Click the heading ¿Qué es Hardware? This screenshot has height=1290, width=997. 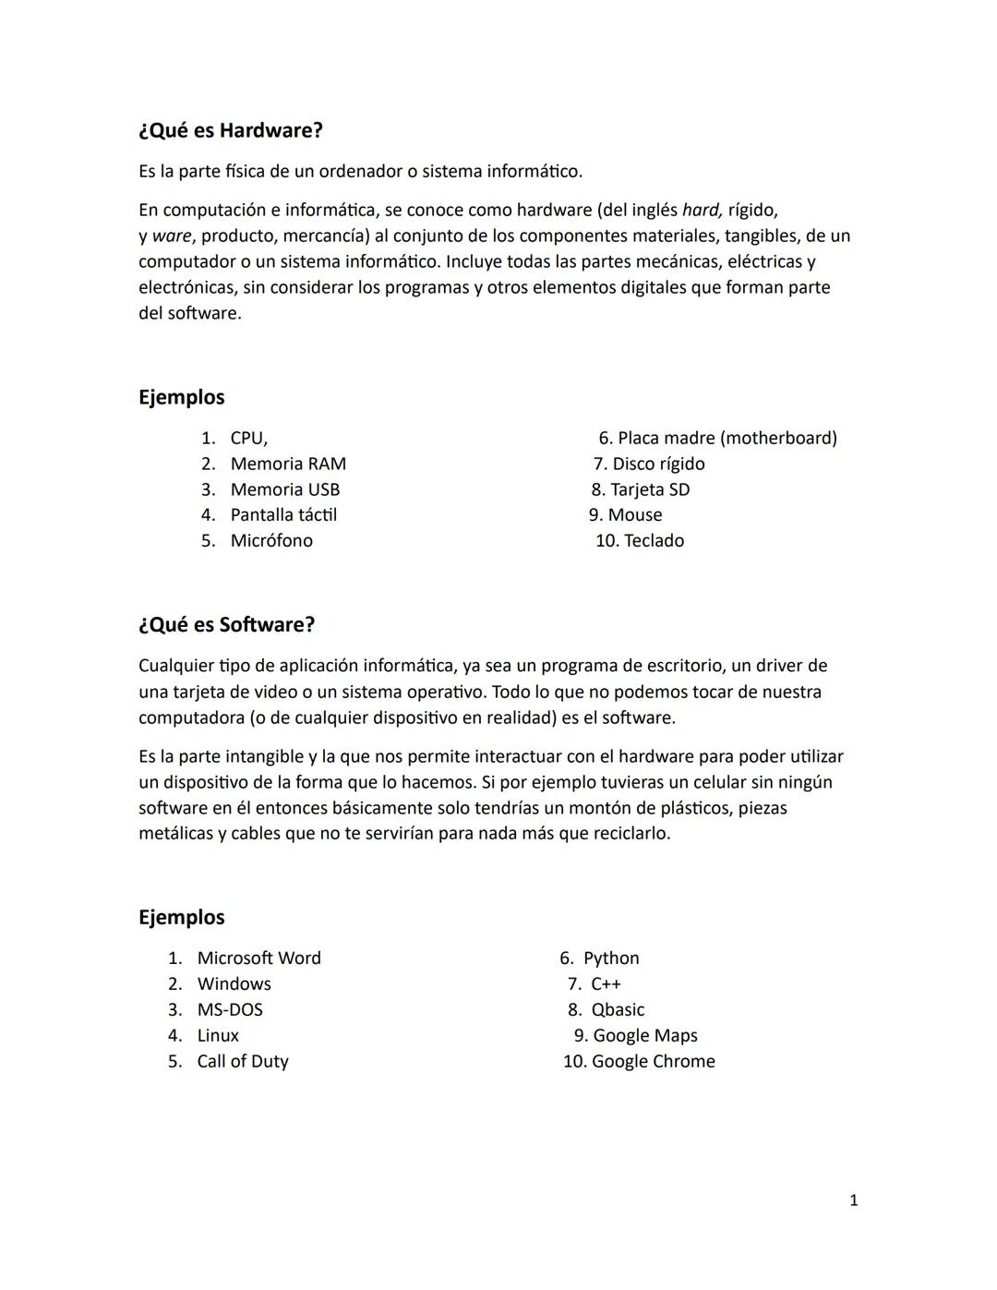(x=231, y=131)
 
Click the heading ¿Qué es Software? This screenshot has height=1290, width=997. (x=226, y=625)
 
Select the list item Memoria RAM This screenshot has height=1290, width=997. (x=288, y=464)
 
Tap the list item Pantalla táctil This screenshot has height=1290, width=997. (x=283, y=515)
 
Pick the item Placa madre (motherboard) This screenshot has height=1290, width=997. (x=727, y=438)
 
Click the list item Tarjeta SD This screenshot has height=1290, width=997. (x=650, y=489)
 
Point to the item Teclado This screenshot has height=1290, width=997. (x=654, y=541)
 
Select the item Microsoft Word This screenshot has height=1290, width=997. (x=258, y=958)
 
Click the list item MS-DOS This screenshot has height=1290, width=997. (x=230, y=1010)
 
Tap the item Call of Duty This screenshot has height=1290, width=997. (x=243, y=1062)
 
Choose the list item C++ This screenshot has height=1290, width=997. (x=607, y=984)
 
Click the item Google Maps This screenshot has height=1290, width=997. (x=644, y=1036)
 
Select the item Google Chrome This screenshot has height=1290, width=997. (x=653, y=1062)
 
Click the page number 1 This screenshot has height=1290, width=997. (x=853, y=1200)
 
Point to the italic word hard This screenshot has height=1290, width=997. (x=702, y=211)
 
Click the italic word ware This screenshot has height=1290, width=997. (x=172, y=236)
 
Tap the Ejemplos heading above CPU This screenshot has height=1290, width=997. (x=182, y=398)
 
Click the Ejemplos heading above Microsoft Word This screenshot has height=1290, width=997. (x=182, y=918)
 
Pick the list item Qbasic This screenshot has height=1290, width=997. (x=618, y=1010)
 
